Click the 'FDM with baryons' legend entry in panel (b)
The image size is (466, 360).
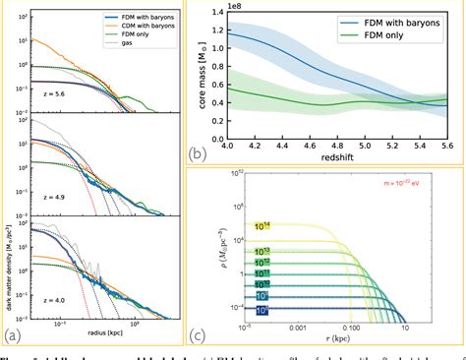click(x=398, y=20)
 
